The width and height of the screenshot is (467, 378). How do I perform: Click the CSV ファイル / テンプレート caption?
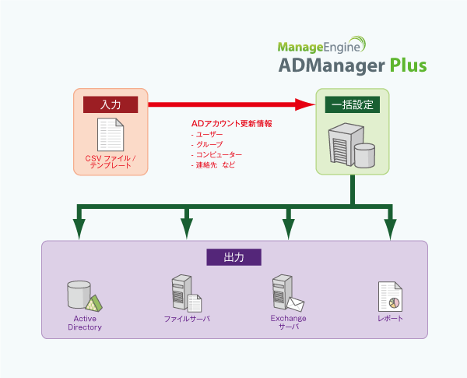tap(110, 162)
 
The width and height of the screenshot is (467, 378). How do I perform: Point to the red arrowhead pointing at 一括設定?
tap(305, 104)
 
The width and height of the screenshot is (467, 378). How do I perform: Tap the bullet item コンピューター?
tap(216, 155)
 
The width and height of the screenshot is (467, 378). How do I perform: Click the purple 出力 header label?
tap(234, 256)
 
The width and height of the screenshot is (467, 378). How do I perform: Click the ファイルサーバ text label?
tap(187, 319)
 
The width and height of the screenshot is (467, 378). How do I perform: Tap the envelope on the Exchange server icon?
tap(295, 303)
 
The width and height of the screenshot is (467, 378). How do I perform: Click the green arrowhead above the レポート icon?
tap(389, 228)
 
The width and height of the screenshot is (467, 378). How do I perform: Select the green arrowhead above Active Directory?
tap(78, 228)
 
